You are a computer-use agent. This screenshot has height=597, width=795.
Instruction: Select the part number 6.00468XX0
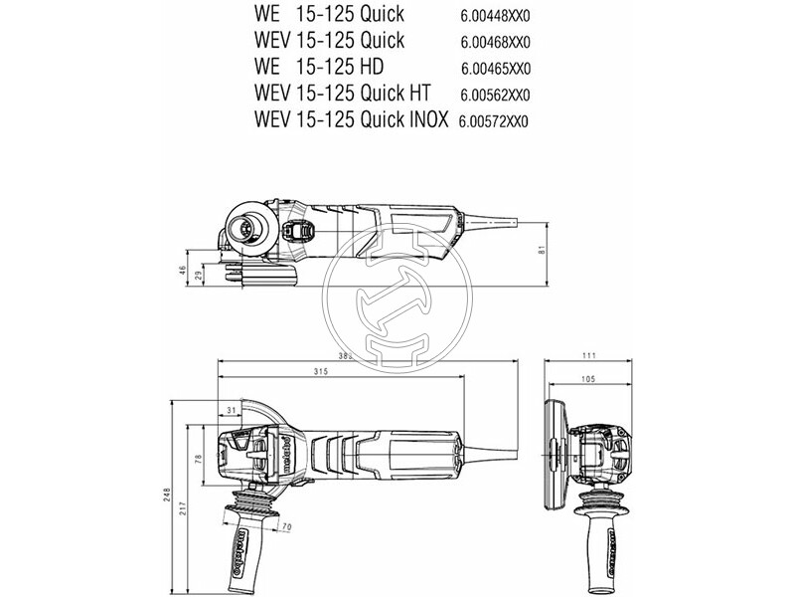[495, 43]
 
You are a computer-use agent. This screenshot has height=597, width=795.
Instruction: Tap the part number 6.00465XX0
[495, 69]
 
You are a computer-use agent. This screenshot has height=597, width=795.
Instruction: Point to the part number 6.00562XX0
[495, 95]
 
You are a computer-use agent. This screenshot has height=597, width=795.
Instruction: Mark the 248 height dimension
[169, 495]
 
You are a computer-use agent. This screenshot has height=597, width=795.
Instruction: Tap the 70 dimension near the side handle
[286, 525]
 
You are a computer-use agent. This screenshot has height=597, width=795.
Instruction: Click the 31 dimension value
[231, 410]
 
